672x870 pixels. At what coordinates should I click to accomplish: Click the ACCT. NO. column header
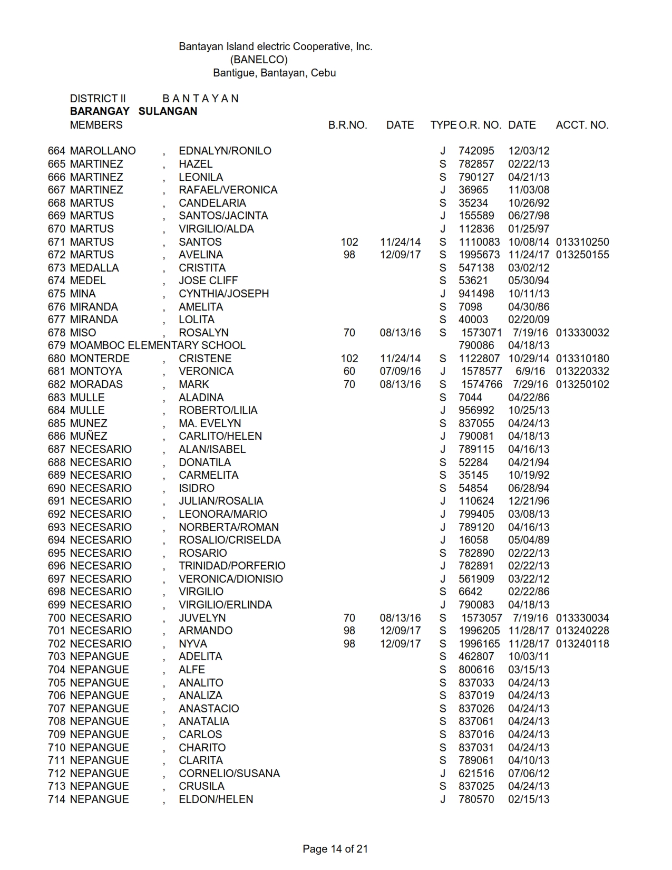click(582, 125)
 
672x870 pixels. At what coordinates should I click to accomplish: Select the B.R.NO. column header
click(347, 125)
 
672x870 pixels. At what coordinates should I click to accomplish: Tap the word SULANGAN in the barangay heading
click(168, 111)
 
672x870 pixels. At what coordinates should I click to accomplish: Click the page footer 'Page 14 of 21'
click(335, 849)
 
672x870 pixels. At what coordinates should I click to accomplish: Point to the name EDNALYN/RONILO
click(225, 151)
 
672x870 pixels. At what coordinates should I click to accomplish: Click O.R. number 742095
click(476, 151)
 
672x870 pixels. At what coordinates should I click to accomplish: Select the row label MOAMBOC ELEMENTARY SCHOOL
click(158, 345)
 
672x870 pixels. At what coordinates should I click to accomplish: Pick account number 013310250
click(582, 242)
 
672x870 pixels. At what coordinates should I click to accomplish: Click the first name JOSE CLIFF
click(208, 281)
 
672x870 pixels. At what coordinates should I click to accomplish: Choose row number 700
click(56, 618)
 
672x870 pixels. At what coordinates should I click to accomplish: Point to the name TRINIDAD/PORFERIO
click(232, 566)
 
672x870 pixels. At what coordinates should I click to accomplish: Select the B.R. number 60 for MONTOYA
click(349, 371)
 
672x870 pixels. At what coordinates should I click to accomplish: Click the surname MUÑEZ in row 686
click(89, 436)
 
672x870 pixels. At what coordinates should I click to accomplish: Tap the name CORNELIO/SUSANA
click(229, 774)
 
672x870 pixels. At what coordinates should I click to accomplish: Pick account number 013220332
click(582, 371)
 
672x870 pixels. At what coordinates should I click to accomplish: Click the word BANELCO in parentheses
click(259, 60)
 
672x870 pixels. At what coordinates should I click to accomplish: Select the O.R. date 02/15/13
click(528, 799)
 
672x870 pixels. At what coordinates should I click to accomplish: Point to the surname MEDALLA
click(94, 268)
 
